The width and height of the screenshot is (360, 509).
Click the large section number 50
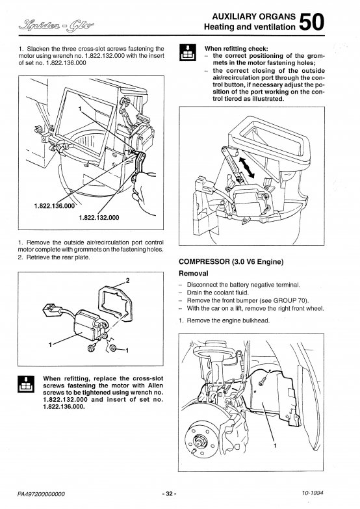pos(311,21)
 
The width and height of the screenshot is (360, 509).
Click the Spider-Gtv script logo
pos(57,24)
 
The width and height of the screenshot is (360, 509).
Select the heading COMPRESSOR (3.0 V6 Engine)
pos(231,261)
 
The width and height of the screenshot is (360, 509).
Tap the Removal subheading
pos(194,273)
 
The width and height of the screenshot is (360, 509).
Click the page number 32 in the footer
pos(169,494)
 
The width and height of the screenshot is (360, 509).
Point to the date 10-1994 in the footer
pos(313,493)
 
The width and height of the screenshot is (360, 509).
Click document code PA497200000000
pos(41,494)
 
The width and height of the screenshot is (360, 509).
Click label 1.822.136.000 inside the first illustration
pos(54,206)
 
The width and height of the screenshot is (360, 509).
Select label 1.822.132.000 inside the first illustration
pos(99,218)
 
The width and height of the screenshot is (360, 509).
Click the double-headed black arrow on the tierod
pos(247,166)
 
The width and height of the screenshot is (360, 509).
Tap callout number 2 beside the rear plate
pos(127,280)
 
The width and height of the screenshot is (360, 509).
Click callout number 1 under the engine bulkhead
pos(275,445)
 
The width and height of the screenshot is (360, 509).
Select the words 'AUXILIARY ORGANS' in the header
pos(254,16)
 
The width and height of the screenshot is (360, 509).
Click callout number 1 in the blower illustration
pos(79,109)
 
